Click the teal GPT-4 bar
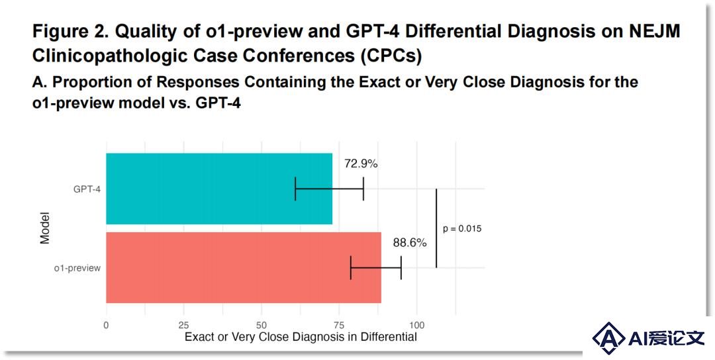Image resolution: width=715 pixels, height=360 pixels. [x=219, y=189]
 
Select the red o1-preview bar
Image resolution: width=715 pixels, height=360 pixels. [x=244, y=267]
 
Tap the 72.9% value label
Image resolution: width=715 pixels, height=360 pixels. [x=361, y=164]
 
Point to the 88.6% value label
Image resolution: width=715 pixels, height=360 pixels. [x=410, y=243]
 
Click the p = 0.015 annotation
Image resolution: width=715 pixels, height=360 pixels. [x=462, y=229]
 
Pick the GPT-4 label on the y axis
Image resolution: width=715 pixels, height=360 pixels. [x=87, y=189]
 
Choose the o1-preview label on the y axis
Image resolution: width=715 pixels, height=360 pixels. [x=77, y=269]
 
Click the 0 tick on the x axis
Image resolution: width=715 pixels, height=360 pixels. [x=106, y=326]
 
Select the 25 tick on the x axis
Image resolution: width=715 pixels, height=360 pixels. [x=184, y=326]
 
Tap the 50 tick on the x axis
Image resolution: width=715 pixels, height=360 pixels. [x=262, y=326]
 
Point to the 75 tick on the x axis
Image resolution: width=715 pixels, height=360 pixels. [x=339, y=326]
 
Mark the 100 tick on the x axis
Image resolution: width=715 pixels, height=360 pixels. [x=416, y=326]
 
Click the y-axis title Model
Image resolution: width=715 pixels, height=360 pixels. [x=44, y=228]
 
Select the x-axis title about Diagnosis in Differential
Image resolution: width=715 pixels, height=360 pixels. [x=301, y=337]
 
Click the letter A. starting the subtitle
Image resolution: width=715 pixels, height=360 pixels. [x=38, y=83]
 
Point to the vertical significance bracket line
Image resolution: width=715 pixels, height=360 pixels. [x=436, y=228]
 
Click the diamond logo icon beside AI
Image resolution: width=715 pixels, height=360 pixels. [x=609, y=337]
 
